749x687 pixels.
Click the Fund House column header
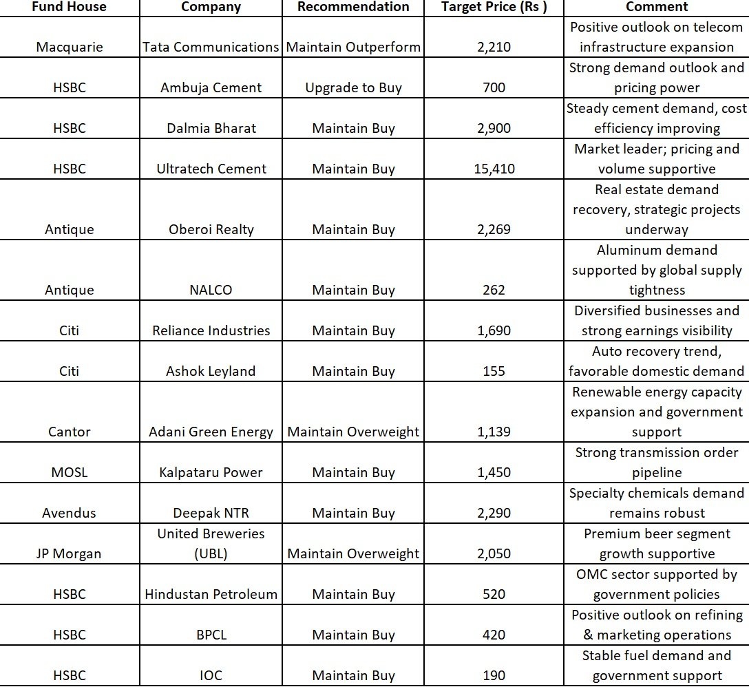(69, 7)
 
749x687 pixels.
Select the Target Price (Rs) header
(494, 7)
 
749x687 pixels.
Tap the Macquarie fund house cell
(69, 47)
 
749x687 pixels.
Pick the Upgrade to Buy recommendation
(353, 88)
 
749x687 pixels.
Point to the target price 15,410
(494, 169)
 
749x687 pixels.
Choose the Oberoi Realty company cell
(211, 230)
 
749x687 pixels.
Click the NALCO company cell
(211, 290)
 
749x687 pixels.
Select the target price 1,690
(494, 331)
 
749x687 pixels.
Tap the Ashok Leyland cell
(211, 372)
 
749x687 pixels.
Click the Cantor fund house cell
(69, 432)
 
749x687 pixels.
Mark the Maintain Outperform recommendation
(353, 47)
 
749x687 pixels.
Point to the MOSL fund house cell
(69, 473)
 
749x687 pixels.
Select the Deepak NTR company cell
(211, 514)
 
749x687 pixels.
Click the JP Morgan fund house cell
(69, 554)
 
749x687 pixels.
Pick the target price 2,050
(494, 554)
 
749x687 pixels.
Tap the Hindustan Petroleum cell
(211, 595)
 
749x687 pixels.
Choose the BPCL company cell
(211, 635)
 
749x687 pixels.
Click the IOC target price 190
(494, 676)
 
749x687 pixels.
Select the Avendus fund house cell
(69, 514)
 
